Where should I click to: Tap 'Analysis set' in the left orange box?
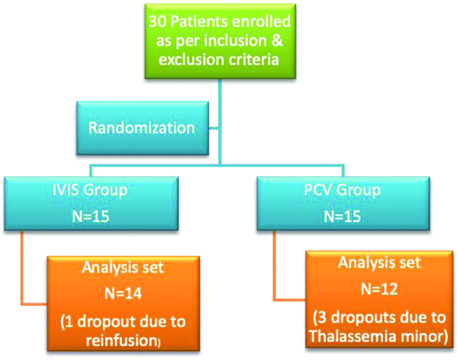[122, 267]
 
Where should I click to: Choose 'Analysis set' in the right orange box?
[379, 263]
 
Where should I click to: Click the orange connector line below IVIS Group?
[22, 272]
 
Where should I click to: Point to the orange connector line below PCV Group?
[276, 268]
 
